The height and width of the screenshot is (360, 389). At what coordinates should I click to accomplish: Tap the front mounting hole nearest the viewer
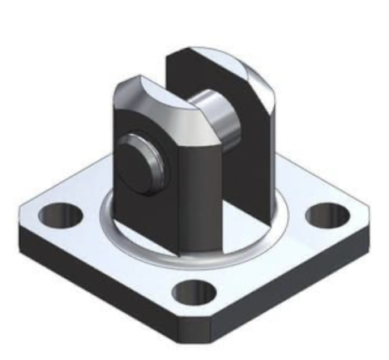(x=194, y=292)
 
